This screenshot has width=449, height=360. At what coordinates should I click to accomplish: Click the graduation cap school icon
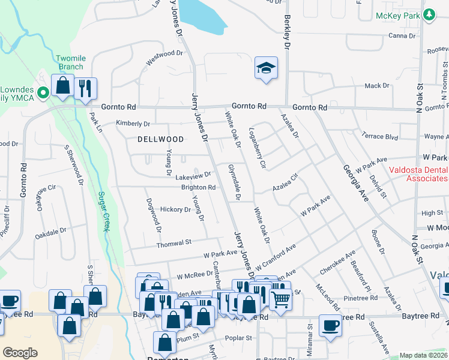(x=266, y=68)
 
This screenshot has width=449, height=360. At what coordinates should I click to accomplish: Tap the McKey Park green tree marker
(x=429, y=15)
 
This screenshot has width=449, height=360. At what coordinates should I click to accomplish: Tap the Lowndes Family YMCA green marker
(x=43, y=92)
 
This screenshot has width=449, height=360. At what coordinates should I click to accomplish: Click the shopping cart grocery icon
(x=280, y=298)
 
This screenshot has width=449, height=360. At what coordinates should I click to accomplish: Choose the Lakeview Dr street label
(x=193, y=176)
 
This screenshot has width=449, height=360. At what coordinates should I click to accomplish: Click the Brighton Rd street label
(x=199, y=187)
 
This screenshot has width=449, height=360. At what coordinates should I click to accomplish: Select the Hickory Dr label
(x=175, y=209)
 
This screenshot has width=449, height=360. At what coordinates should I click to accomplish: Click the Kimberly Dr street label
(x=133, y=124)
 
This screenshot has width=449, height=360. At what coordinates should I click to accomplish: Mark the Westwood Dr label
(x=164, y=58)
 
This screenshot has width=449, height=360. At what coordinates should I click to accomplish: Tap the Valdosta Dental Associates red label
(x=418, y=174)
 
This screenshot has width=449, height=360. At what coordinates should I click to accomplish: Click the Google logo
(x=20, y=353)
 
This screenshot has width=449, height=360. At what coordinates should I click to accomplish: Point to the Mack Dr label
(x=377, y=86)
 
